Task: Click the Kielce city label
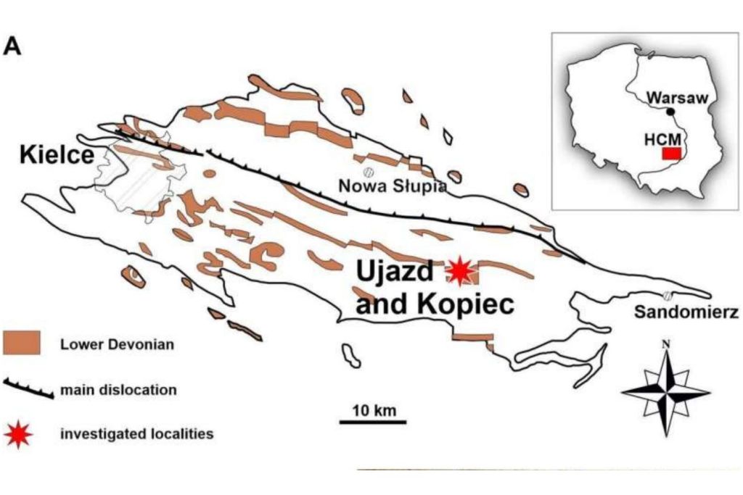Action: click(57, 154)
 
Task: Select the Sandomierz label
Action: click(686, 312)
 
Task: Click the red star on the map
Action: click(459, 270)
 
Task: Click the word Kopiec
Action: click(465, 304)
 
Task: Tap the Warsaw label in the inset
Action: click(681, 96)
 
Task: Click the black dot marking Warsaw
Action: click(671, 112)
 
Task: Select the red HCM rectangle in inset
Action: click(672, 154)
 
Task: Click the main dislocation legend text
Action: click(118, 389)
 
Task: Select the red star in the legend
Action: click(18, 434)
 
